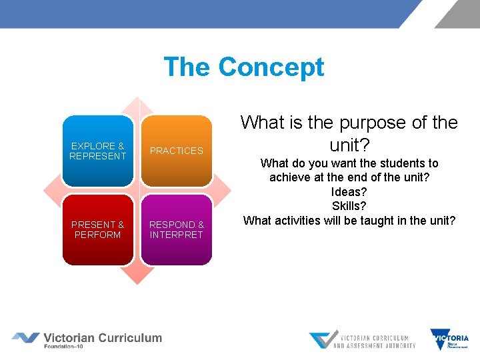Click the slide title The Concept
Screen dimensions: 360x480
(243, 67)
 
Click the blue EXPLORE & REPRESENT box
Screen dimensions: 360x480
(98, 151)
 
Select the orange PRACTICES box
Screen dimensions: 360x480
(177, 151)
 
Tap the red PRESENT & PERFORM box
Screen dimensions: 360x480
(98, 230)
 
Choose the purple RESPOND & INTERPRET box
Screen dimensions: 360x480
(177, 230)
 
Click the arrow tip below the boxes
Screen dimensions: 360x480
(137, 279)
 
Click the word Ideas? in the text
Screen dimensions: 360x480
(349, 192)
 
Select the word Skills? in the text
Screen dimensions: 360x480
(349, 206)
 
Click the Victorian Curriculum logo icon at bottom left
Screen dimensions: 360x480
(25, 338)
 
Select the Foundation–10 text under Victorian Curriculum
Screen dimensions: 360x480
(69, 347)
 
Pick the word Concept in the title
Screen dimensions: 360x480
(271, 67)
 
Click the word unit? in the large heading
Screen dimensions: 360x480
(349, 145)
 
